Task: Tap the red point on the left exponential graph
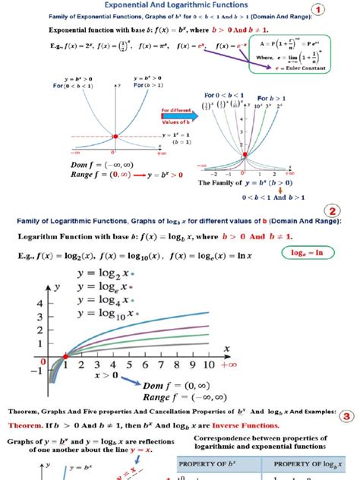click(x=115, y=136)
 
